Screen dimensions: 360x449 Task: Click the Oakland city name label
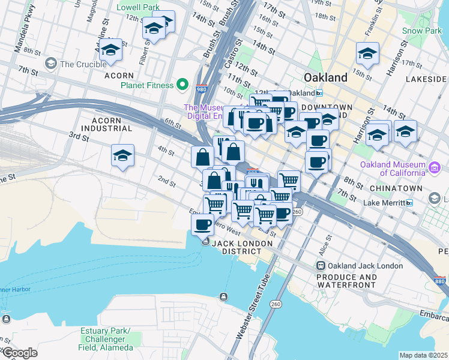point(325,77)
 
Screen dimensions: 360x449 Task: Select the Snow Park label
point(421,31)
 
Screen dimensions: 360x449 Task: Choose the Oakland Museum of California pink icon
point(433,170)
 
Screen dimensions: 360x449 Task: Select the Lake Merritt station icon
point(409,203)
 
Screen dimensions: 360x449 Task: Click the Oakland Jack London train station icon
point(321,265)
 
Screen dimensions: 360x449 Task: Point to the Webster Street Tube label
point(252,311)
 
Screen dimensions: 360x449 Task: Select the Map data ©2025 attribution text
point(423,355)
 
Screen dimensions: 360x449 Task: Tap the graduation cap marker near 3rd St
point(122,156)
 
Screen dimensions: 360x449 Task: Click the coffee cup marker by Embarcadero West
point(202,225)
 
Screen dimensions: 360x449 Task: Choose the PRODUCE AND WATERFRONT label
point(348,281)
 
